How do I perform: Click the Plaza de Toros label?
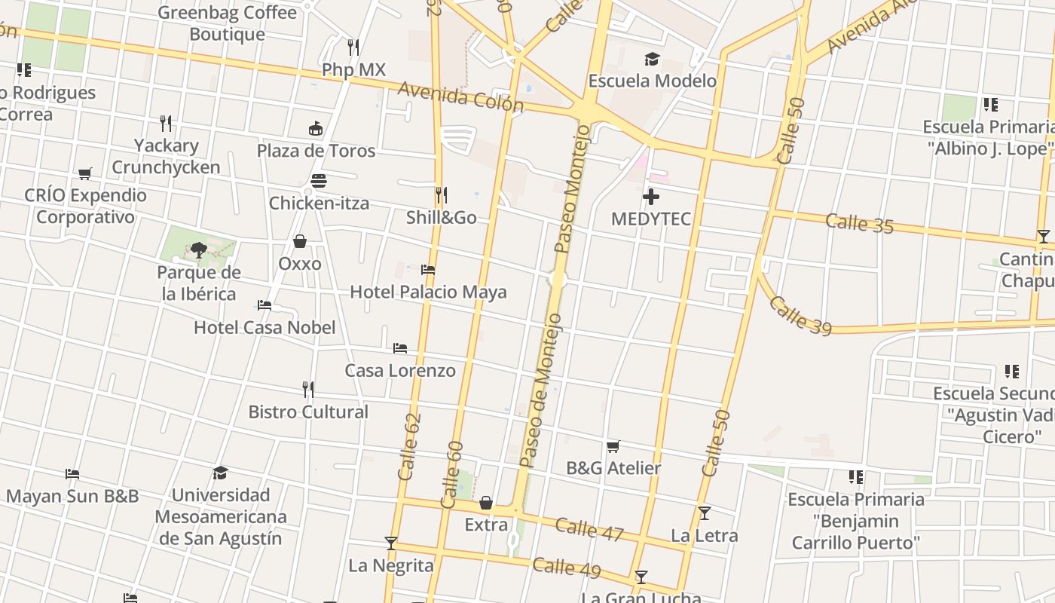point(316,151)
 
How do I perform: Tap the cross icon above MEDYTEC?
point(651,197)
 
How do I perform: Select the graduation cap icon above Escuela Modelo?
point(651,59)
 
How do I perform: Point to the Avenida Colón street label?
point(460,96)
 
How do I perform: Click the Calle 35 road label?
point(859,223)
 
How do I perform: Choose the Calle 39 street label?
point(800,314)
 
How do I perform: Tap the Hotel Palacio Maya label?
point(428,292)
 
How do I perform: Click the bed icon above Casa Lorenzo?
point(400,347)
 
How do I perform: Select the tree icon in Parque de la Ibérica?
point(199,249)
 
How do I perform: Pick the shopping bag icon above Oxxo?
point(300,241)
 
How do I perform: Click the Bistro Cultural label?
point(308,412)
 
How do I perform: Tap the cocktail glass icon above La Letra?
point(705,513)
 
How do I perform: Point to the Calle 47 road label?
point(589,528)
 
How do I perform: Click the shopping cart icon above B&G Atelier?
point(613,446)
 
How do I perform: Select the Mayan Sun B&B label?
point(72,496)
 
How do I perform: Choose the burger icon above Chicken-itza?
point(319,181)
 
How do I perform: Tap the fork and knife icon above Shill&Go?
point(442,195)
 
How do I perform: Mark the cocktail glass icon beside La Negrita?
point(391,543)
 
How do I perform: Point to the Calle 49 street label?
point(567,567)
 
